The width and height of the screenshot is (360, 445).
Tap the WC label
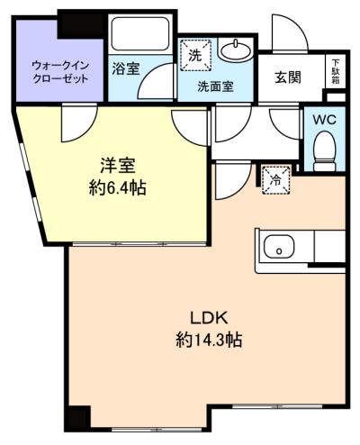(x=325, y=120)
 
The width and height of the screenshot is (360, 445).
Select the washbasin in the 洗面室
(x=235, y=49)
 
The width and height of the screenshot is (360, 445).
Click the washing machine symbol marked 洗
(x=195, y=55)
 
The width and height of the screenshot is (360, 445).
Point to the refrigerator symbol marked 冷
(x=276, y=180)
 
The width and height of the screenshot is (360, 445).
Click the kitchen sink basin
(x=279, y=249)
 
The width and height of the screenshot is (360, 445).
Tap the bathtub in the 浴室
(x=139, y=33)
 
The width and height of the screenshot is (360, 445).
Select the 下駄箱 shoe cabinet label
(x=336, y=71)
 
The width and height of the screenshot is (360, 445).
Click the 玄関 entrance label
(x=288, y=77)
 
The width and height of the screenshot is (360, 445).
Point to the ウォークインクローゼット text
(x=60, y=72)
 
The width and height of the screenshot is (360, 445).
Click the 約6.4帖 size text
(x=118, y=189)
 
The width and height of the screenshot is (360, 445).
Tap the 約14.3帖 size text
(x=209, y=340)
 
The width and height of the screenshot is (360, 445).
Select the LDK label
(x=210, y=318)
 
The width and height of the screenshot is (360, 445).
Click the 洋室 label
(x=118, y=166)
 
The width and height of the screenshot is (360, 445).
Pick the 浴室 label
(x=126, y=68)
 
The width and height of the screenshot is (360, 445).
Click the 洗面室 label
(x=215, y=86)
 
